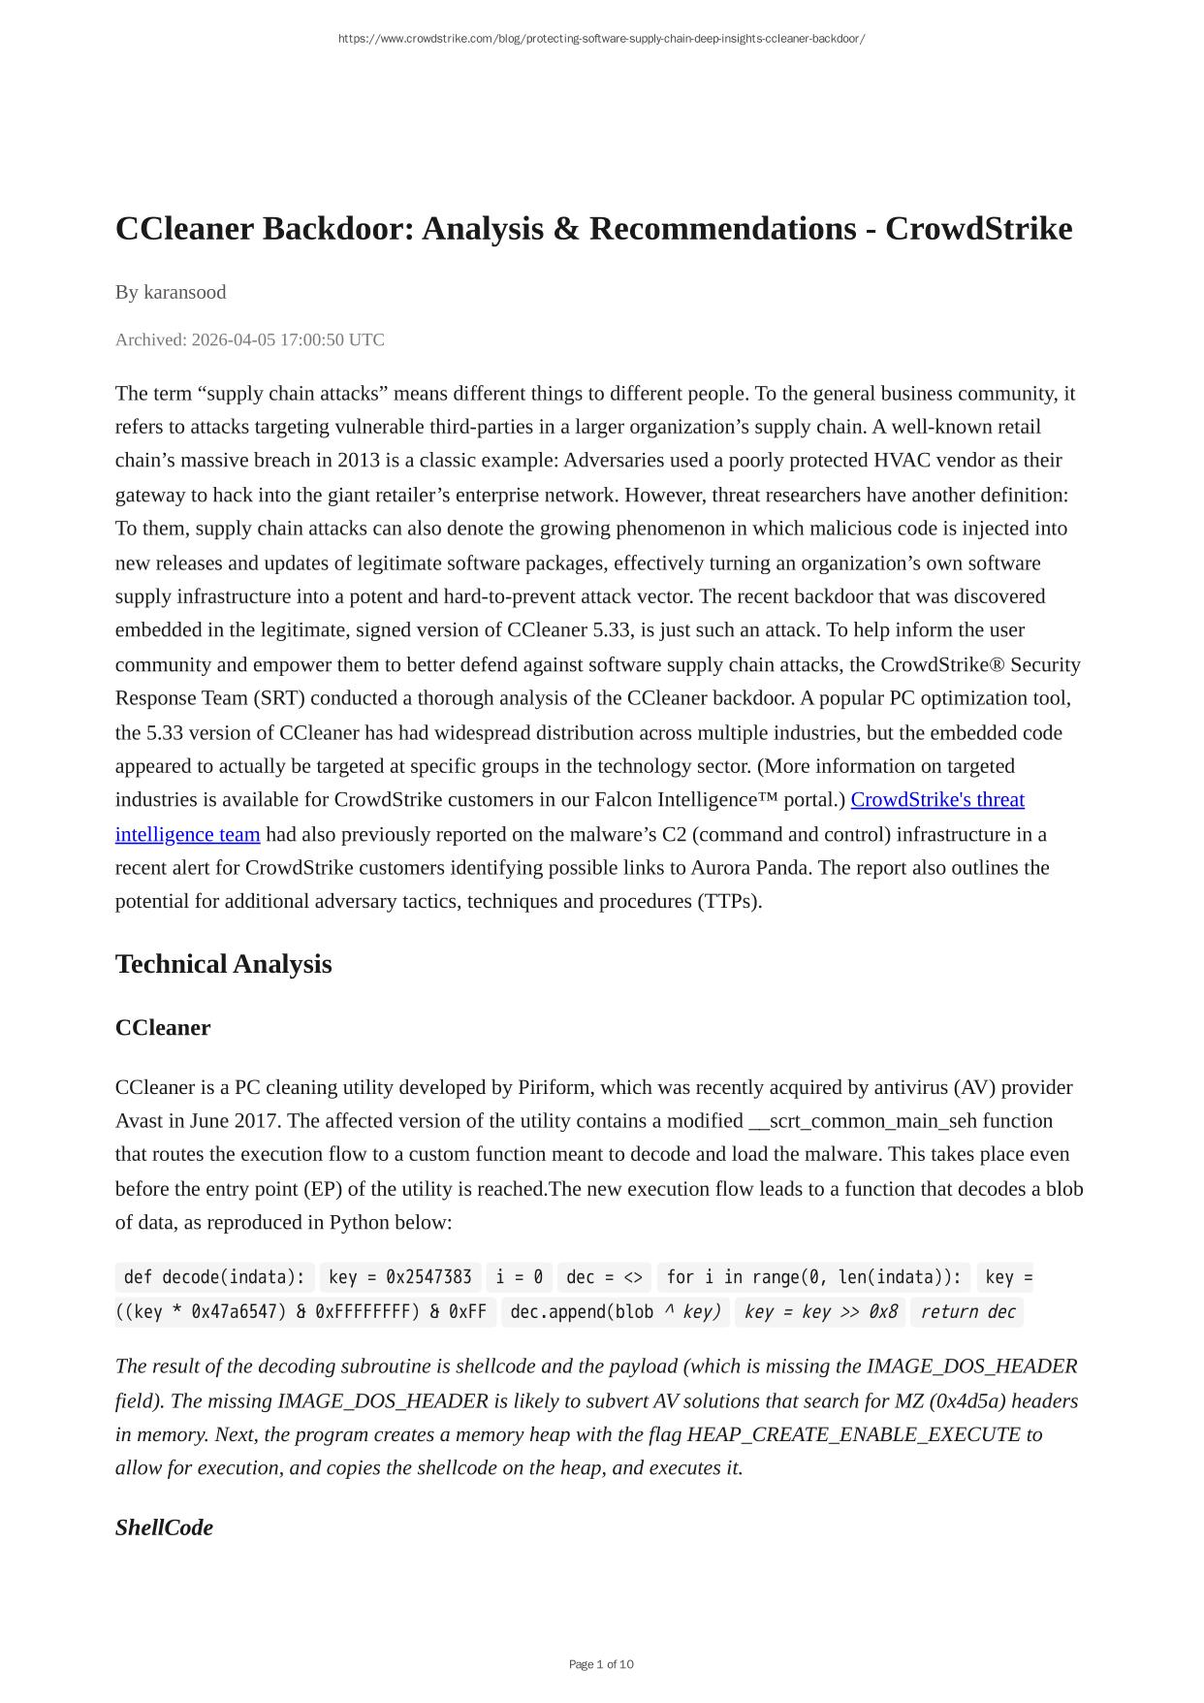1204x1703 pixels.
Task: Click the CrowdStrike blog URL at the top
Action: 601,39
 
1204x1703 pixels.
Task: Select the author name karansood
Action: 184,292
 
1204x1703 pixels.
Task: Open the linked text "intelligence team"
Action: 187,834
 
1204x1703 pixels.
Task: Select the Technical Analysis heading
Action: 223,964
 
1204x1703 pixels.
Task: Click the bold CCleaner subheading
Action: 162,1028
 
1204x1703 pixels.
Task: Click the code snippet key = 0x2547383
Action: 400,1277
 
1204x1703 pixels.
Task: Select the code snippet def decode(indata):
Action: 214,1277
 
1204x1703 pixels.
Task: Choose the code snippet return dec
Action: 967,1312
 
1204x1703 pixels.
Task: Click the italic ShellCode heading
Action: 164,1527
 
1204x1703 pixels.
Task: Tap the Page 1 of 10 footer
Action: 601,1664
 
